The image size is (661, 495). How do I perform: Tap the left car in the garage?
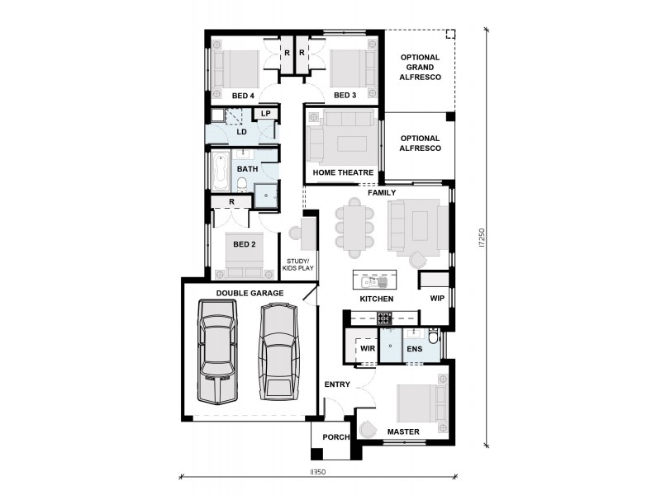(x=216, y=353)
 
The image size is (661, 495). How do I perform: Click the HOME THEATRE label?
(x=344, y=172)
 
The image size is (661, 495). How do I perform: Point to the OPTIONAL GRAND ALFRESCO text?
(x=421, y=67)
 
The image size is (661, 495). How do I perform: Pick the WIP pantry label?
(x=436, y=299)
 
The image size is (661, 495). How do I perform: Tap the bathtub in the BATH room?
(x=219, y=170)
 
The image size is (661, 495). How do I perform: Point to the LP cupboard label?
(x=266, y=114)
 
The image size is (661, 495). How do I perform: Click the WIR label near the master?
(x=369, y=350)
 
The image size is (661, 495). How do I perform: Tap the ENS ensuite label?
(x=414, y=350)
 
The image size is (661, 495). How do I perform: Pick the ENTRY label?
(x=337, y=384)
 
